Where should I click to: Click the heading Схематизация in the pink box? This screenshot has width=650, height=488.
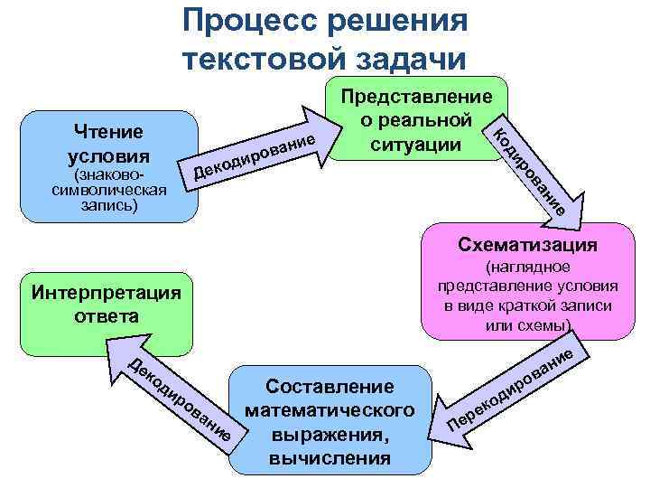[527, 245]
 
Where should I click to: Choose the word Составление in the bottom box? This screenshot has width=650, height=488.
[330, 387]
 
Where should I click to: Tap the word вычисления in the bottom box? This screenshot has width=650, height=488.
[330, 457]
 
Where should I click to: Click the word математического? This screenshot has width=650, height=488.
[330, 410]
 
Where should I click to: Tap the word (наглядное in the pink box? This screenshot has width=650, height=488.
[527, 267]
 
